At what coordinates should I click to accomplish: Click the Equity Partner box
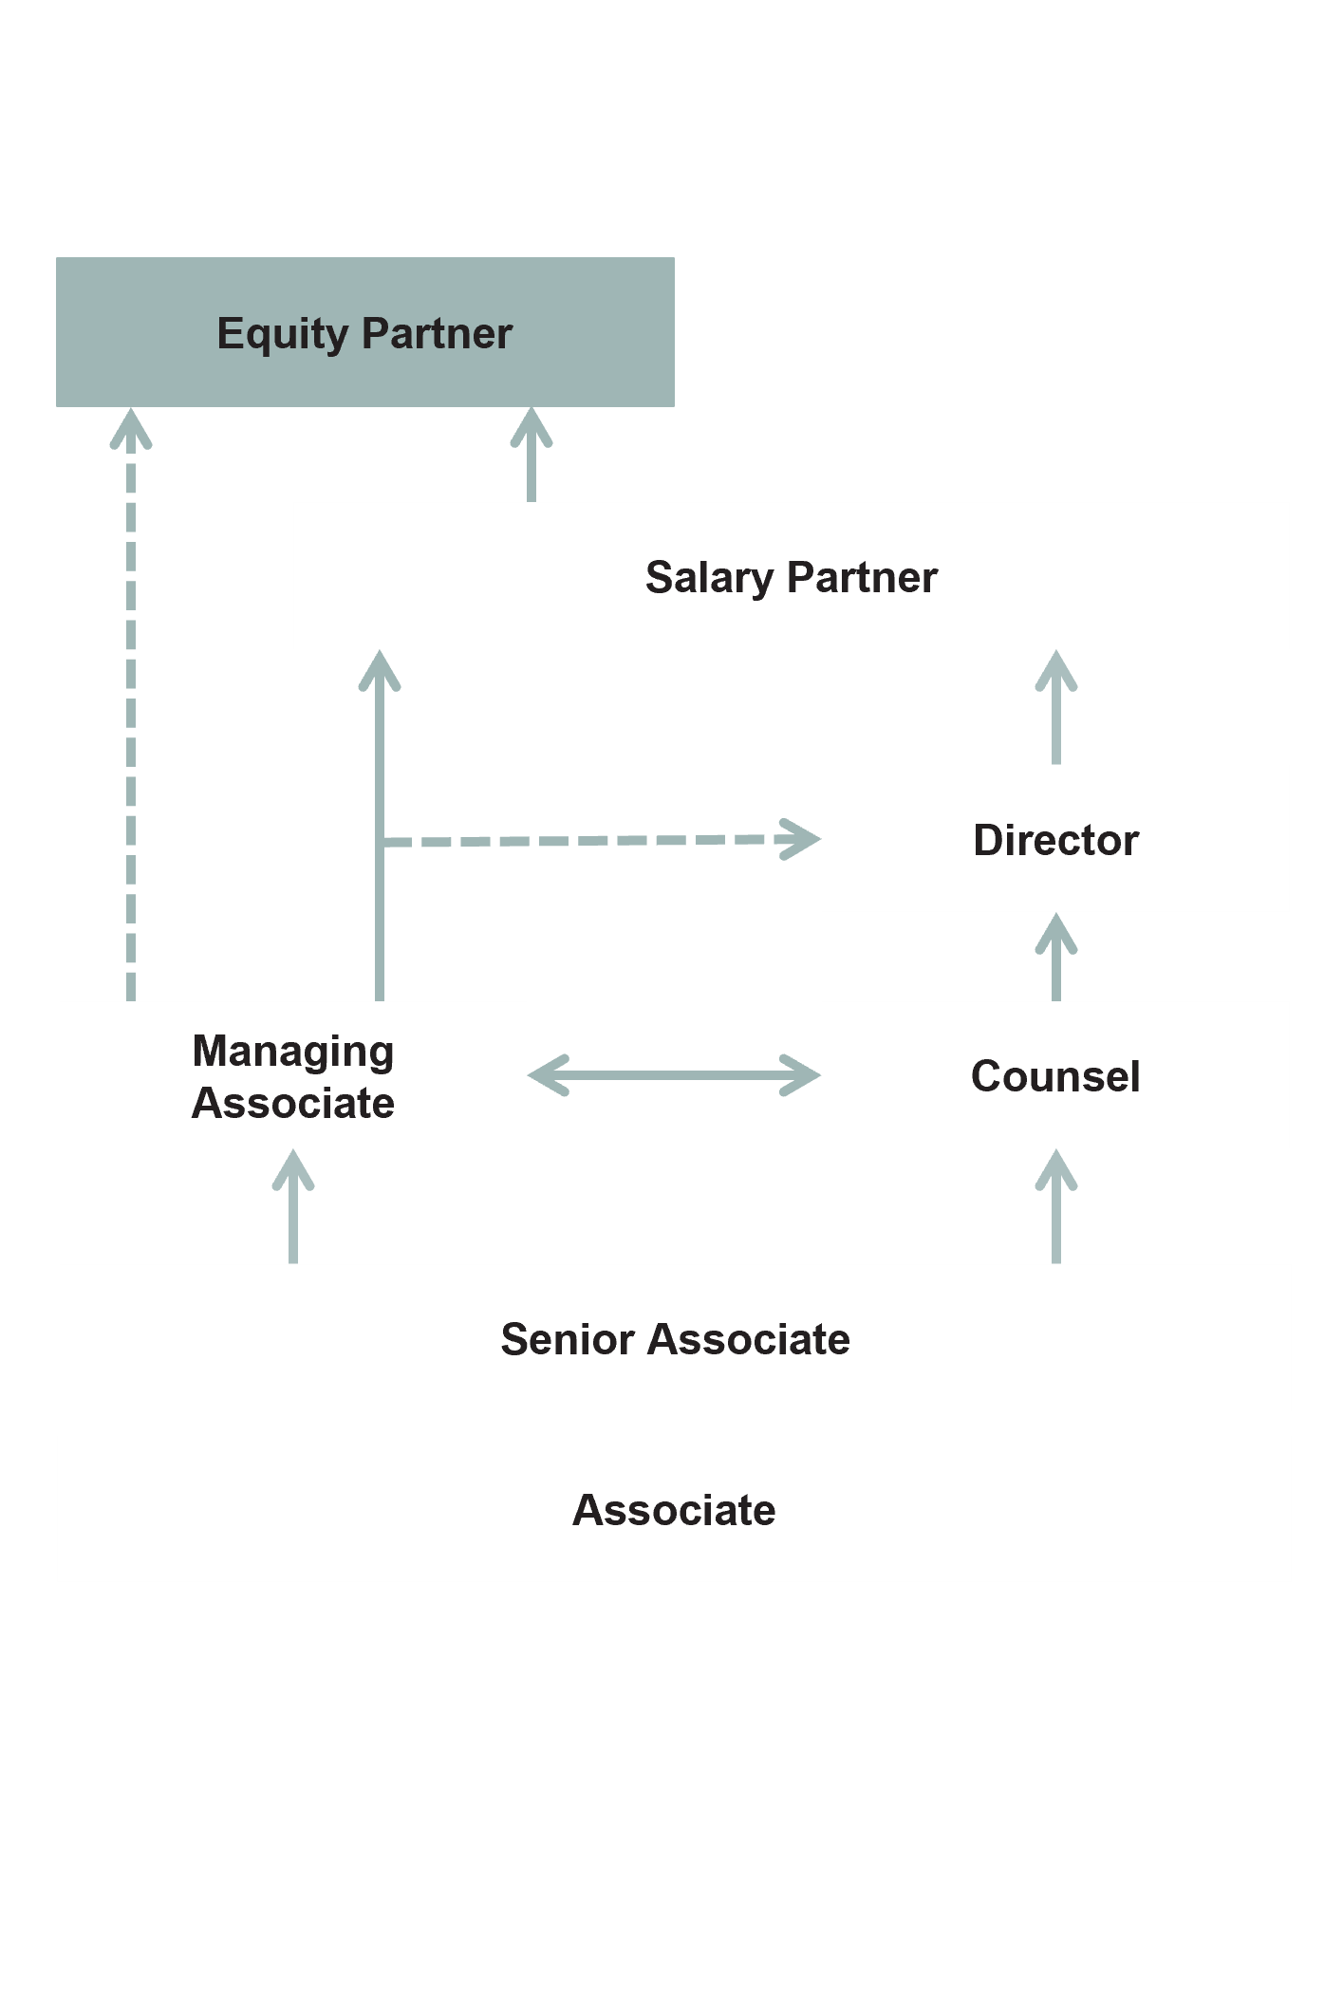(x=364, y=332)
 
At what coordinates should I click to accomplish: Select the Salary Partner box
(x=791, y=576)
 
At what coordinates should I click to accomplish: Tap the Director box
(x=1055, y=839)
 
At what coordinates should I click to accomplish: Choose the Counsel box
(x=1055, y=1075)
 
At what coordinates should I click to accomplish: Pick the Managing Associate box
(x=292, y=1075)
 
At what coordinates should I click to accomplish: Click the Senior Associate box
(x=675, y=1337)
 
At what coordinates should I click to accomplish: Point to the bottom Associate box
(x=674, y=1509)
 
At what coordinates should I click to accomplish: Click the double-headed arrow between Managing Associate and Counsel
(x=674, y=1075)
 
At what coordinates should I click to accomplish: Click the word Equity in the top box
(x=283, y=334)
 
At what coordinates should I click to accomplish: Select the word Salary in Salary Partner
(x=708, y=577)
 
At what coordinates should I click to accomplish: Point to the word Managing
(x=293, y=1052)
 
